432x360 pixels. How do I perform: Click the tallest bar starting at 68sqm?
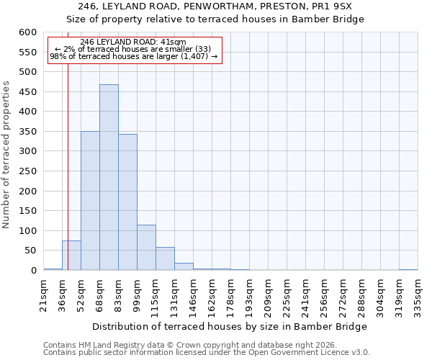coord(109,177)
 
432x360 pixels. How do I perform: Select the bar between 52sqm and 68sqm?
coord(90,201)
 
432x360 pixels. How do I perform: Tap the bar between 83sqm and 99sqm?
coord(127,202)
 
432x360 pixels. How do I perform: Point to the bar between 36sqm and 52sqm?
coord(71,256)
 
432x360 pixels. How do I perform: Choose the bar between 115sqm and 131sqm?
coord(165,258)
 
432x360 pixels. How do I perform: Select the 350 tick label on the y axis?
coord(27,132)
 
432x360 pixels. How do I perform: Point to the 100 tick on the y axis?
coord(27,231)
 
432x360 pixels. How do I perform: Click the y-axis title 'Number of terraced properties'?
coord(6,154)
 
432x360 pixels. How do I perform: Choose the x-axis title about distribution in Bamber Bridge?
coord(230,326)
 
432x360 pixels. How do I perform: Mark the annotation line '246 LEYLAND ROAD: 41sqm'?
coord(133,42)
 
